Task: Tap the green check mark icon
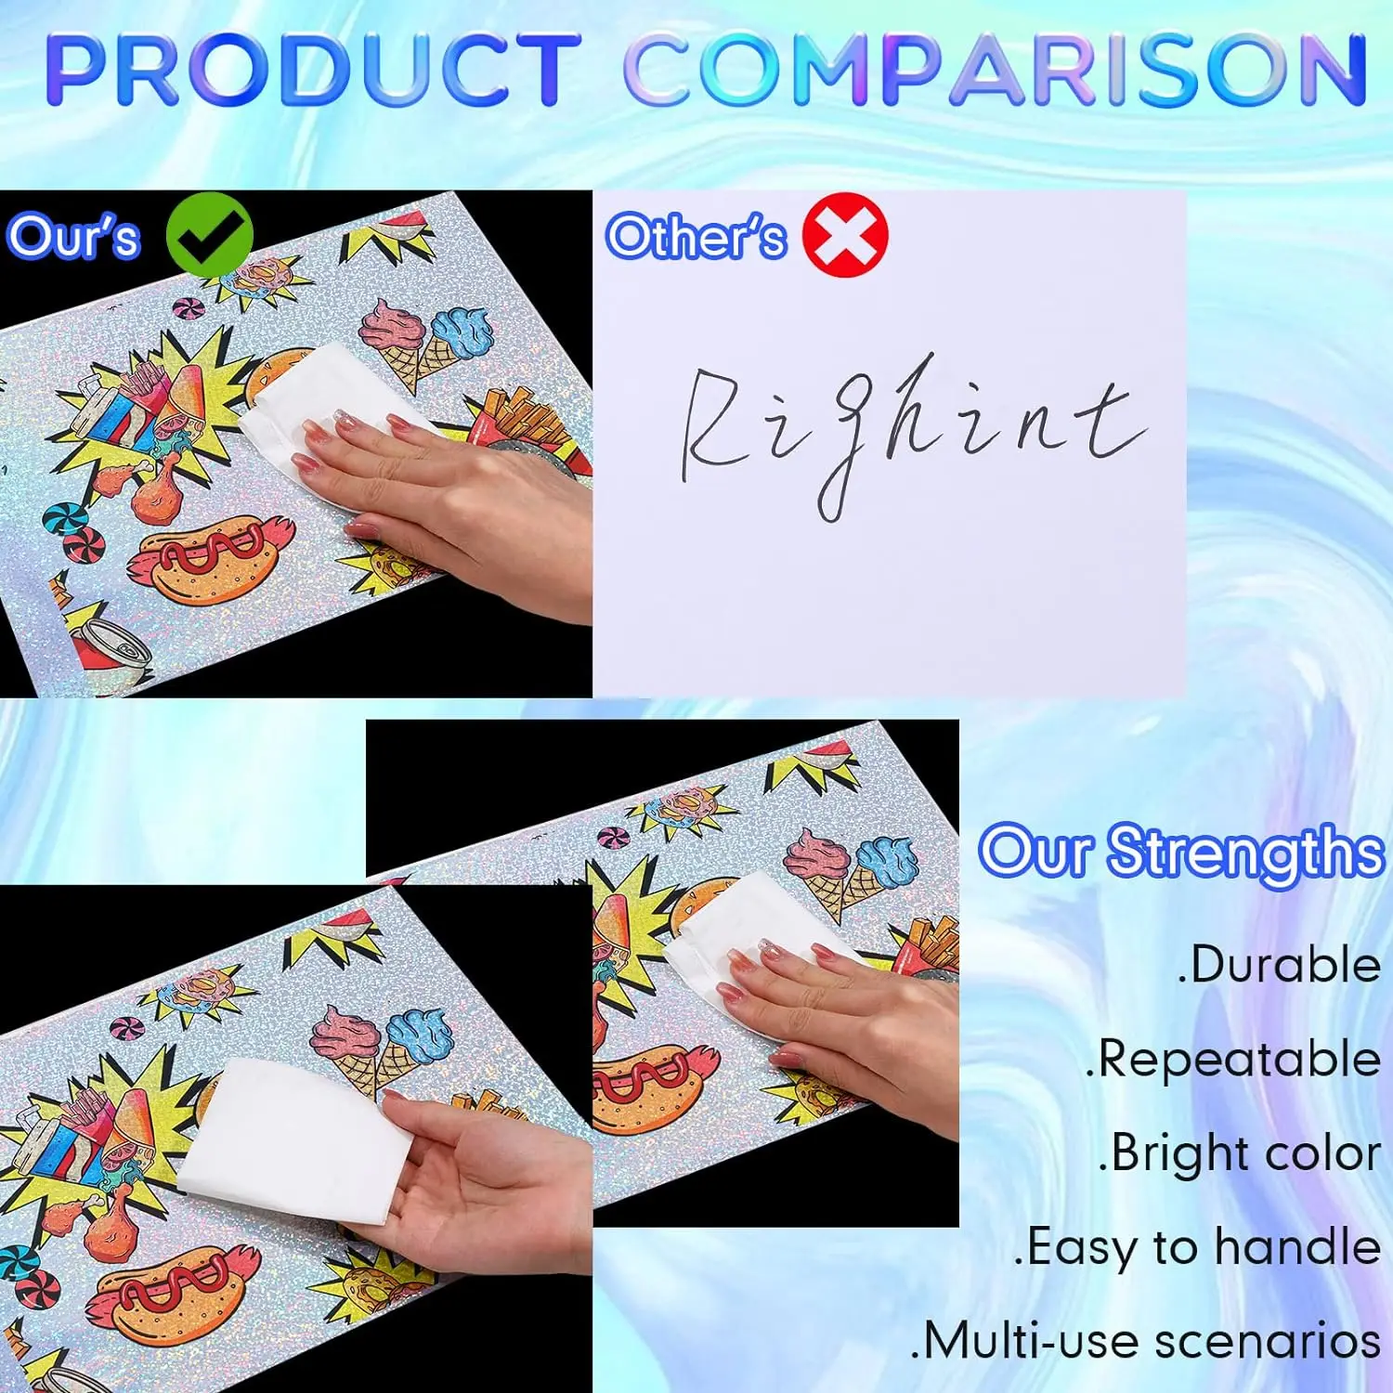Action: pos(209,235)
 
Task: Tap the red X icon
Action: pos(845,235)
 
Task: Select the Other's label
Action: pos(696,237)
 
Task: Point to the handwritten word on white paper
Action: pos(910,427)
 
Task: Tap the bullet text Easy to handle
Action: pos(1198,1247)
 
